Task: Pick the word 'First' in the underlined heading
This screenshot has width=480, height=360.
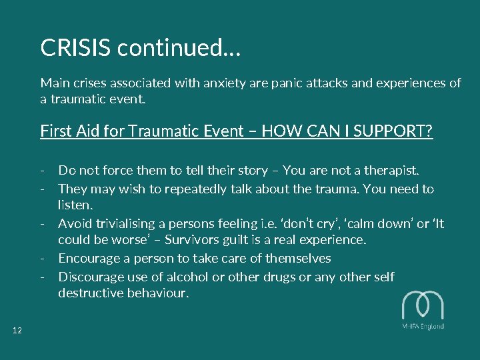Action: [54, 131]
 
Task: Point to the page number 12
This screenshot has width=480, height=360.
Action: [17, 330]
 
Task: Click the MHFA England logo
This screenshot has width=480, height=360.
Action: [423, 309]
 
